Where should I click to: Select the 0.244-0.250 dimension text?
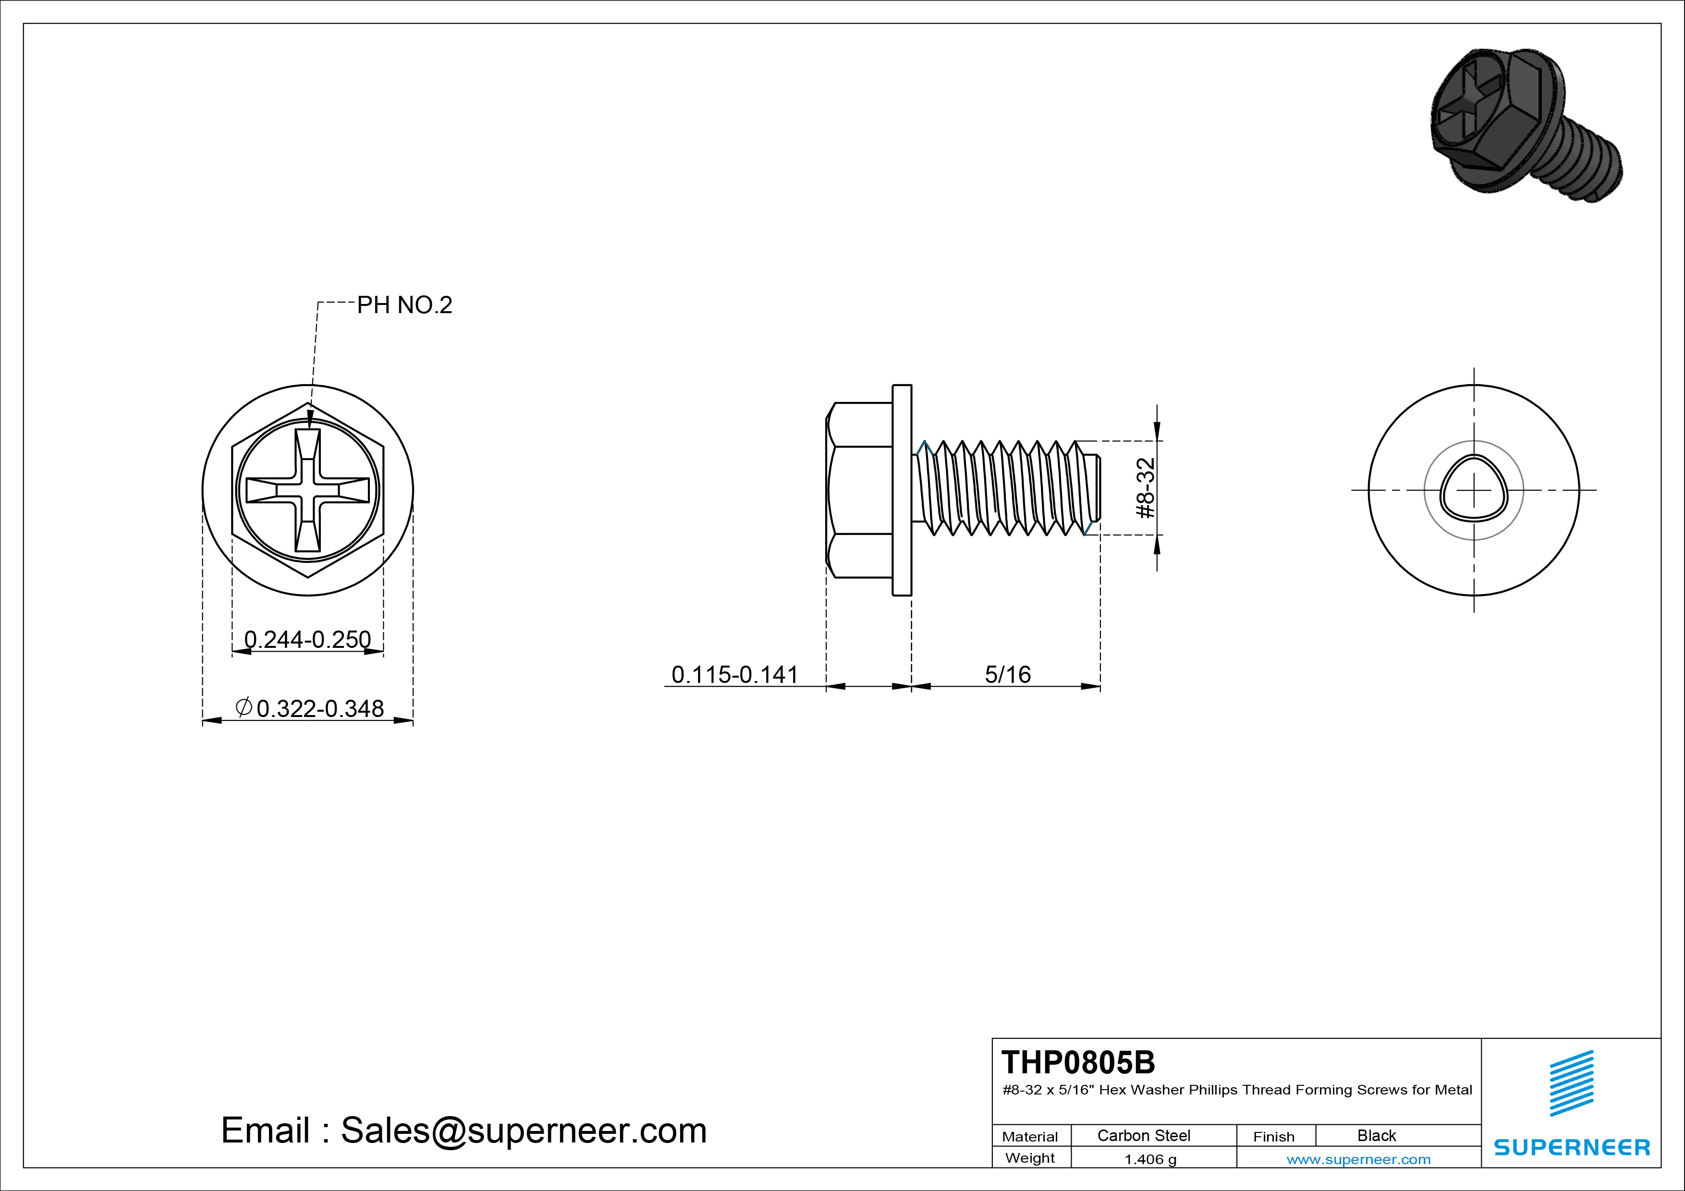click(307, 639)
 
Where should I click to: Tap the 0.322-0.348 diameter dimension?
click(320, 708)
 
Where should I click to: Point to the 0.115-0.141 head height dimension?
click(734, 674)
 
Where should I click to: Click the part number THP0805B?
click(1077, 1062)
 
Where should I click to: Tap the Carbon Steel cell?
click(1143, 1135)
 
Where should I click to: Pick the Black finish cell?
click(1376, 1135)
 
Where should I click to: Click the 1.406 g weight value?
click(1150, 1159)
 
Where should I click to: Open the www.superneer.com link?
click(1358, 1159)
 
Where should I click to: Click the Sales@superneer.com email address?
click(523, 1131)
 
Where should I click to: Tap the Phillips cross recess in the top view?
click(307, 490)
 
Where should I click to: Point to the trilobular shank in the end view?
click(1474, 489)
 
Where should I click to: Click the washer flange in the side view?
click(902, 490)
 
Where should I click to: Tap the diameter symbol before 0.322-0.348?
click(244, 707)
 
